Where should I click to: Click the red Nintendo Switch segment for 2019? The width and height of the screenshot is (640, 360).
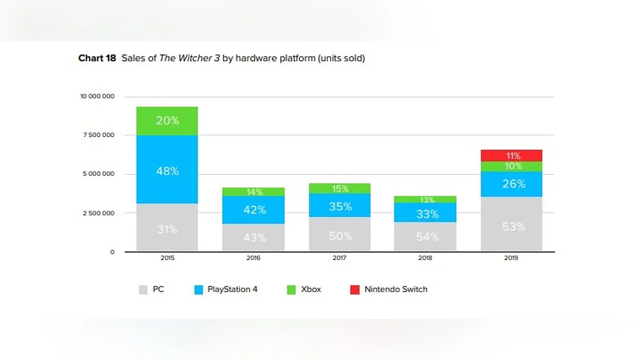(x=511, y=155)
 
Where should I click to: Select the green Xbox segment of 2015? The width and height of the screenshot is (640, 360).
(x=167, y=121)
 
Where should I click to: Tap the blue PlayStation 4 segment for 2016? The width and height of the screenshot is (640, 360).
(x=253, y=210)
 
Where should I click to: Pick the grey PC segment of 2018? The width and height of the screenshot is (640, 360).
(x=425, y=236)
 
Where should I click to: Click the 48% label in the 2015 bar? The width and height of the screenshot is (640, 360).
(x=167, y=171)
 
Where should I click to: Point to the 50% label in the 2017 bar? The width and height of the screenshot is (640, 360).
(x=340, y=236)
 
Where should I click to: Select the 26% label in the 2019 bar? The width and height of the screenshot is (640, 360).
(x=514, y=184)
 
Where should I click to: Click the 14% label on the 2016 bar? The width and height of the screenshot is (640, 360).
(x=254, y=192)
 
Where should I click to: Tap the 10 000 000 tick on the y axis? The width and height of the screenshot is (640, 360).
(x=97, y=97)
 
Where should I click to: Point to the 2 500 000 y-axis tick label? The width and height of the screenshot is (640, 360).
(x=99, y=213)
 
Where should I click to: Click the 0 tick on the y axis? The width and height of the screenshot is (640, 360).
(x=112, y=252)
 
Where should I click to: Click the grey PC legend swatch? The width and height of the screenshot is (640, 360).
(x=143, y=290)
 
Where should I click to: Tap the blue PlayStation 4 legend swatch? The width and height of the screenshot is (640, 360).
(x=198, y=290)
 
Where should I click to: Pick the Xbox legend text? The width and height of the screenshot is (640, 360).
(x=311, y=290)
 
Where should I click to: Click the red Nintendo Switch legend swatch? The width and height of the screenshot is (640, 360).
(x=355, y=290)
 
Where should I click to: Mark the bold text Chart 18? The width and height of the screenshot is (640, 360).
(x=97, y=58)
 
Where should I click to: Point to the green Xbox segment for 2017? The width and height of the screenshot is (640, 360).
(x=339, y=188)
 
